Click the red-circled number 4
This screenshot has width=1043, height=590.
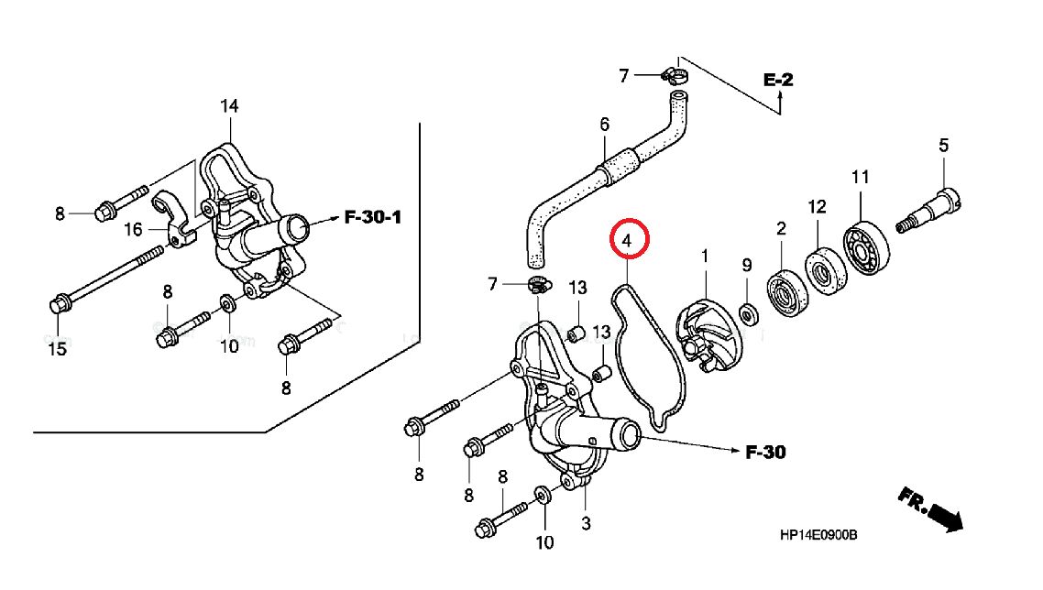click(x=629, y=241)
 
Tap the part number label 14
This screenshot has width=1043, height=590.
click(x=228, y=106)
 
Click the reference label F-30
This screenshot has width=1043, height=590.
click(x=764, y=452)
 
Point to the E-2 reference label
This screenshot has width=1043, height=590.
click(x=778, y=81)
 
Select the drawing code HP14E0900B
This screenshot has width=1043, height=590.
click(x=818, y=536)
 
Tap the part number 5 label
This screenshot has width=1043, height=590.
click(x=943, y=145)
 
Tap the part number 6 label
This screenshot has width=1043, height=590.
click(x=604, y=125)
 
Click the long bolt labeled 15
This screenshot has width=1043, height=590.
click(x=101, y=275)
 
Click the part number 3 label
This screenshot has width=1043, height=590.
click(x=586, y=524)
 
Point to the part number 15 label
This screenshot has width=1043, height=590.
click(x=57, y=349)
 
